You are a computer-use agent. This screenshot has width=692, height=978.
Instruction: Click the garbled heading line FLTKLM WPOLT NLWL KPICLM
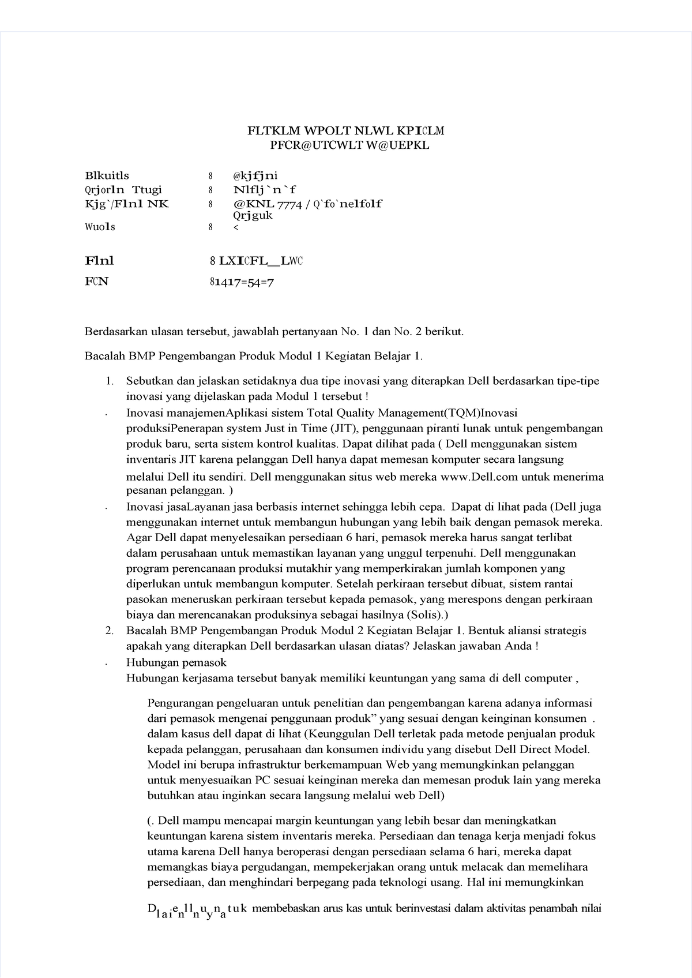pyautogui.click(x=345, y=131)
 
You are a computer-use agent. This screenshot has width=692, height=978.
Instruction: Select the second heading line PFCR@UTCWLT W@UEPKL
pyautogui.click(x=345, y=145)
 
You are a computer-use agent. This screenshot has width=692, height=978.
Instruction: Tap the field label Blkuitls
pyautogui.click(x=107, y=175)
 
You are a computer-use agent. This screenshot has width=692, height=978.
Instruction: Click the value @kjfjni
pyautogui.click(x=255, y=175)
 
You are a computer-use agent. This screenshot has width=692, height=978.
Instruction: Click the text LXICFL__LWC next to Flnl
pyautogui.click(x=260, y=261)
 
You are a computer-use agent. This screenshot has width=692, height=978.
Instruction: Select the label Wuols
pyautogui.click(x=100, y=227)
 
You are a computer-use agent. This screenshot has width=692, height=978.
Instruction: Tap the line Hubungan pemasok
pyautogui.click(x=176, y=662)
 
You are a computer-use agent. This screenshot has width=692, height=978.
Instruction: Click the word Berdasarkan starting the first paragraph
pyautogui.click(x=116, y=332)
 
